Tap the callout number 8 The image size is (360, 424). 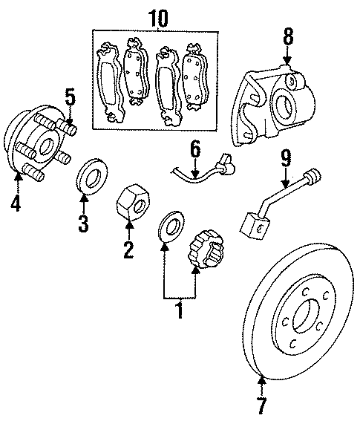289,35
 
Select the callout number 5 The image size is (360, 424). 70,98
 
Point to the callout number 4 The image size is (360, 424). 16,201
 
